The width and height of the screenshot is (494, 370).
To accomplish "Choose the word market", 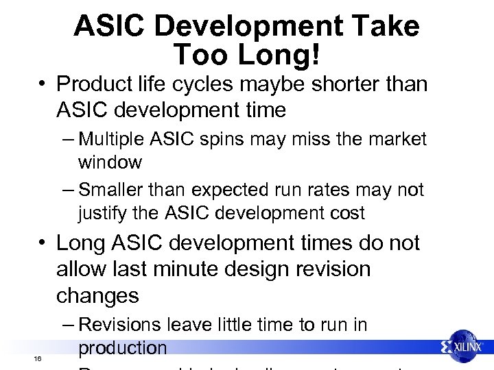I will click(x=397, y=140).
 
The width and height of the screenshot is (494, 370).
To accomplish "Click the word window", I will click(x=110, y=163).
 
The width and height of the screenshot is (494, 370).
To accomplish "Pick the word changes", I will click(x=98, y=296).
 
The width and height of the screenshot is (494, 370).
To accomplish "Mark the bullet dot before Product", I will click(x=43, y=86).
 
